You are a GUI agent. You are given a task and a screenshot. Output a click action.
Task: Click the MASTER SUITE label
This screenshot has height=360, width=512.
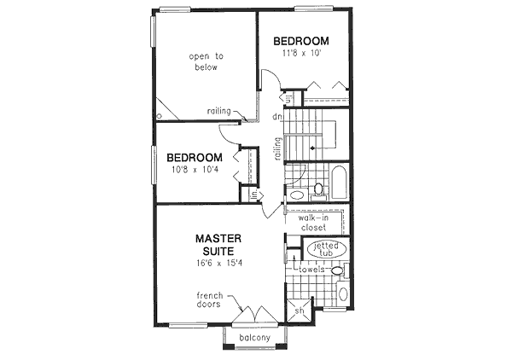220,245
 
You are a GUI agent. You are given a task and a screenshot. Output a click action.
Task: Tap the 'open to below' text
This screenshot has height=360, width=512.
205,62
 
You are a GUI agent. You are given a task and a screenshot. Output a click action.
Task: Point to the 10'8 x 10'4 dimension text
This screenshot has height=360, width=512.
195,171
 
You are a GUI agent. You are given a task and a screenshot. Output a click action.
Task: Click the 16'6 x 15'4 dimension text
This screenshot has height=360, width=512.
219,264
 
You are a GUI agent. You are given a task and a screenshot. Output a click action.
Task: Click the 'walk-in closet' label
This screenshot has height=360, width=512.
313,223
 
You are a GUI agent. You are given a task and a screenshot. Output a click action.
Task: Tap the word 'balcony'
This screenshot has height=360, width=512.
256,338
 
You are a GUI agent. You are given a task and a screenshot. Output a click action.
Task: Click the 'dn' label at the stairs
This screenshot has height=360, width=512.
277,117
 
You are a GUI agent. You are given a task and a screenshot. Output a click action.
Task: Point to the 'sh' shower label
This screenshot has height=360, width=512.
299,311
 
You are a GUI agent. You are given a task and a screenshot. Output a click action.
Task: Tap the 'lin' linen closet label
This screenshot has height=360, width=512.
253,195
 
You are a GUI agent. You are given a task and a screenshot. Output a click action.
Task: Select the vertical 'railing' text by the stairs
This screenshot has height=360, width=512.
277,149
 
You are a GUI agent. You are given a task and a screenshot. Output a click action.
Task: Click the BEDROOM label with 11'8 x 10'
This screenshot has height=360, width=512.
300,41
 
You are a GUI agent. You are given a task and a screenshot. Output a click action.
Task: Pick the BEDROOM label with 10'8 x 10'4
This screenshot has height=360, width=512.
195,158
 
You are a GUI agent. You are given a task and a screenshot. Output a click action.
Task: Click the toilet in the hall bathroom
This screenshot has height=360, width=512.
317,188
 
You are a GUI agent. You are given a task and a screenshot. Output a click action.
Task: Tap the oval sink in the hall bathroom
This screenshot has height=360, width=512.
297,195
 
